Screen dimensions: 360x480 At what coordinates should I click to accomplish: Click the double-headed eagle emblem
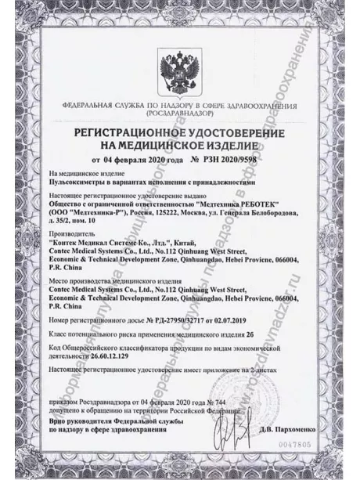tap(179, 70)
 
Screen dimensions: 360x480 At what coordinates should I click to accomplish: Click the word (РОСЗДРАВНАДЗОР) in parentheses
tap(179, 114)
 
